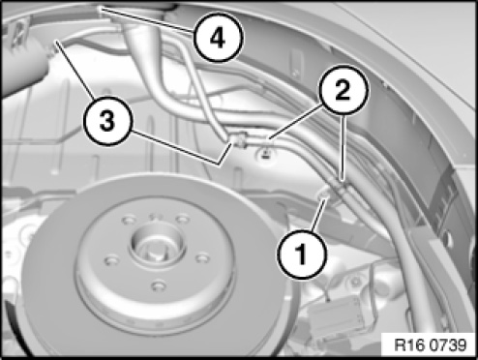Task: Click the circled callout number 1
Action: pos(302,254)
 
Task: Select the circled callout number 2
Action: pos(344,89)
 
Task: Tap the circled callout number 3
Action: pos(107,121)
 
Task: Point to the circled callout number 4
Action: pos(218,38)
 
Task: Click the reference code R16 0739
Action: pos(430,345)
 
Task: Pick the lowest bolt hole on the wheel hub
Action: pos(159,286)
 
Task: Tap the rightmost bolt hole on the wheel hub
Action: pos(203,258)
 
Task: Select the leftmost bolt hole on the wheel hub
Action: pos(113,260)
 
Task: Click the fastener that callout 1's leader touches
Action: pos(324,195)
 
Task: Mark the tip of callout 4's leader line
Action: pos(101,9)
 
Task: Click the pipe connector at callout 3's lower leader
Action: pos(238,140)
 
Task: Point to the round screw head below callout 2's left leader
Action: pos(265,155)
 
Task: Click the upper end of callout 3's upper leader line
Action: pos(57,41)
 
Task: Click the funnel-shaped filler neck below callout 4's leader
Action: pos(141,48)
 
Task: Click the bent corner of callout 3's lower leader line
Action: pos(220,165)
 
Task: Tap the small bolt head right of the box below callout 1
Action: pos(356,282)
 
